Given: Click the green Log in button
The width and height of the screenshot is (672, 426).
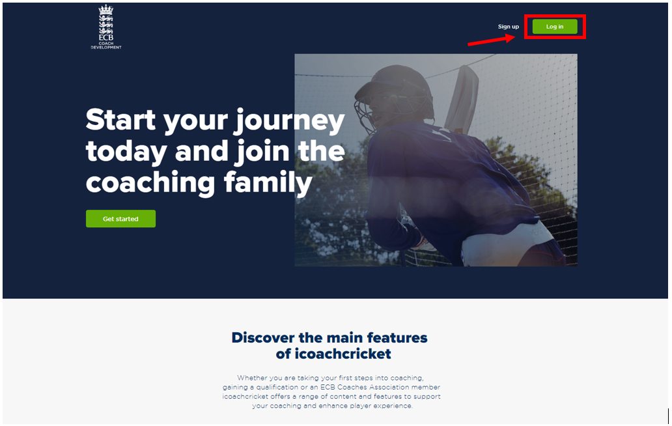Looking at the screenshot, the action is coord(555,27).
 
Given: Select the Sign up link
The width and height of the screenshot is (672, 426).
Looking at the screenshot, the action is coord(509,27).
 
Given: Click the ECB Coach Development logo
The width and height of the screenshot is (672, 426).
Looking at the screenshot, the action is coord(106,27).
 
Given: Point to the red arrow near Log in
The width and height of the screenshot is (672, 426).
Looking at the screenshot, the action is coord(492,40).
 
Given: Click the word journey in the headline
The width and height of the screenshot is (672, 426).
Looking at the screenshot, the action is coord(289,122).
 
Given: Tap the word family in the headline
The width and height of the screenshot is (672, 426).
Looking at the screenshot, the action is coord(268,184).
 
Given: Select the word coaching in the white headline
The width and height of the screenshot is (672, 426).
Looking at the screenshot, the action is coord(150,184).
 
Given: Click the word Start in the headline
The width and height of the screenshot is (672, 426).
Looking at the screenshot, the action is coord(120,120).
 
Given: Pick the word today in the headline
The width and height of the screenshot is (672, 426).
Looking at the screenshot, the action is coord(126,152).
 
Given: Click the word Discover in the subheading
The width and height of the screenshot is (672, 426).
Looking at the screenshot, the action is coord(264,337).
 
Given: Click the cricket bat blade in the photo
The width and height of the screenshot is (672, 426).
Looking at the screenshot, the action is coord(461,98).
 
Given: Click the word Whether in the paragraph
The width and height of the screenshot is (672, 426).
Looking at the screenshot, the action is coord(252,378).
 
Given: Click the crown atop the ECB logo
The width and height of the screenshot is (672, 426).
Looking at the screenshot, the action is coord(106,9).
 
